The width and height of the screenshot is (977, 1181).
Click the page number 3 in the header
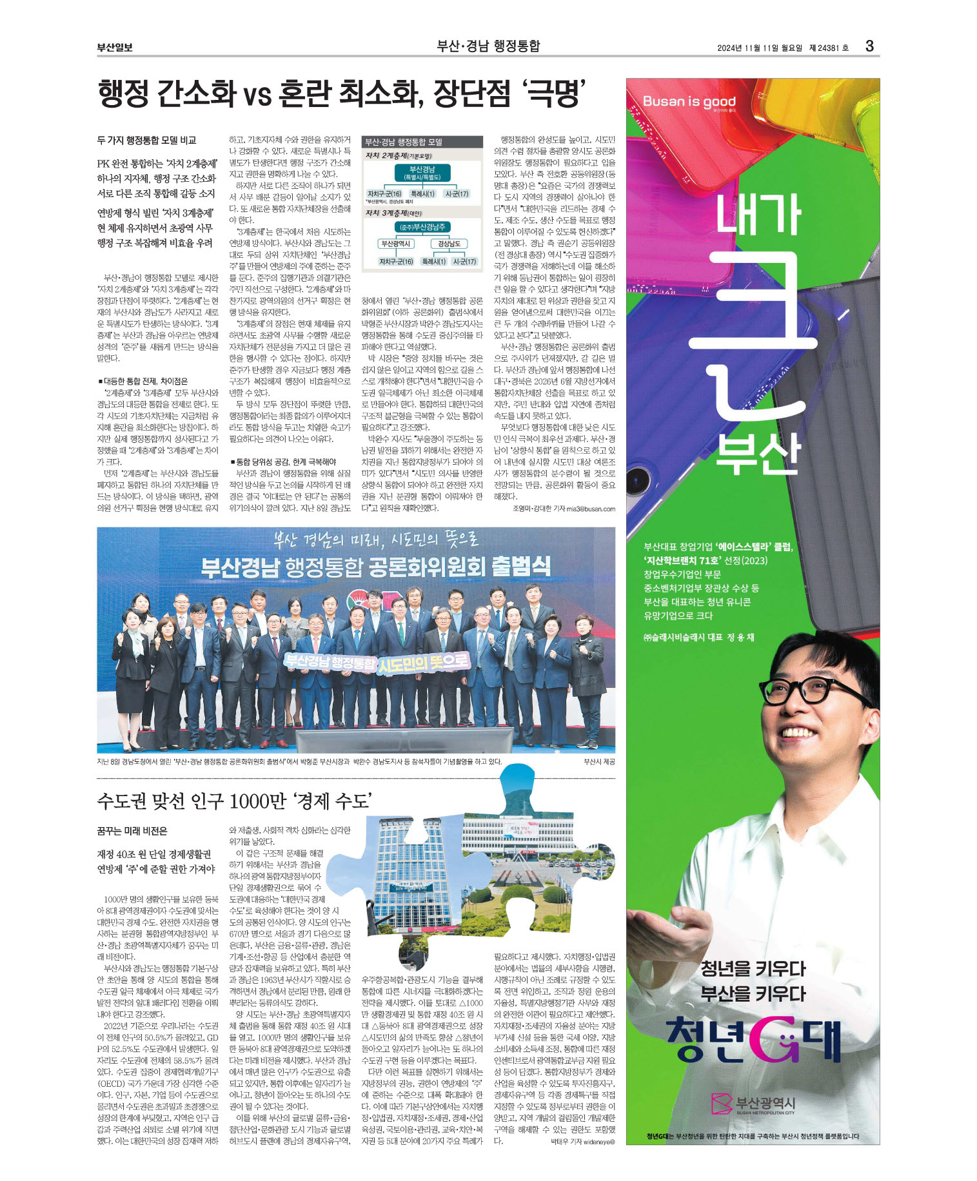pos(869,46)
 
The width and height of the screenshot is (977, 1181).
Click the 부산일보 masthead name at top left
pos(115,47)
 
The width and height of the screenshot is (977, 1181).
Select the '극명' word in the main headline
pos(555,93)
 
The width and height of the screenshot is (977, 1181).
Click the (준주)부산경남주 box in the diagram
pos(422,227)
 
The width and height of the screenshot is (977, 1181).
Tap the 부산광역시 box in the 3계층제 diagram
pos(395,244)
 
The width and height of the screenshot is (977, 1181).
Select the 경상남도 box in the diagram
pos(449,244)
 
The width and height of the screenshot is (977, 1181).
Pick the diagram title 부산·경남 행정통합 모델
pos(404,142)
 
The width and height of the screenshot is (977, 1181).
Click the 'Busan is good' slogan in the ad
pos(689,101)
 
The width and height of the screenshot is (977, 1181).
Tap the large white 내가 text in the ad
pos(758,214)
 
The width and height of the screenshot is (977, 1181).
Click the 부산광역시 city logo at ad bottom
pos(753,1104)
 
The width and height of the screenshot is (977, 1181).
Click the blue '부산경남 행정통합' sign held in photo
pos(330,661)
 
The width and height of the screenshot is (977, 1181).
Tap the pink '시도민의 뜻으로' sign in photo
pos(423,662)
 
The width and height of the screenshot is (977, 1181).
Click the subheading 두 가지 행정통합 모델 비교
pos(146,141)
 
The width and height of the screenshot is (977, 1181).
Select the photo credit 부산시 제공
pos(599,761)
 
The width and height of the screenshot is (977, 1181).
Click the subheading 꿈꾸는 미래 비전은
pos(132,831)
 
